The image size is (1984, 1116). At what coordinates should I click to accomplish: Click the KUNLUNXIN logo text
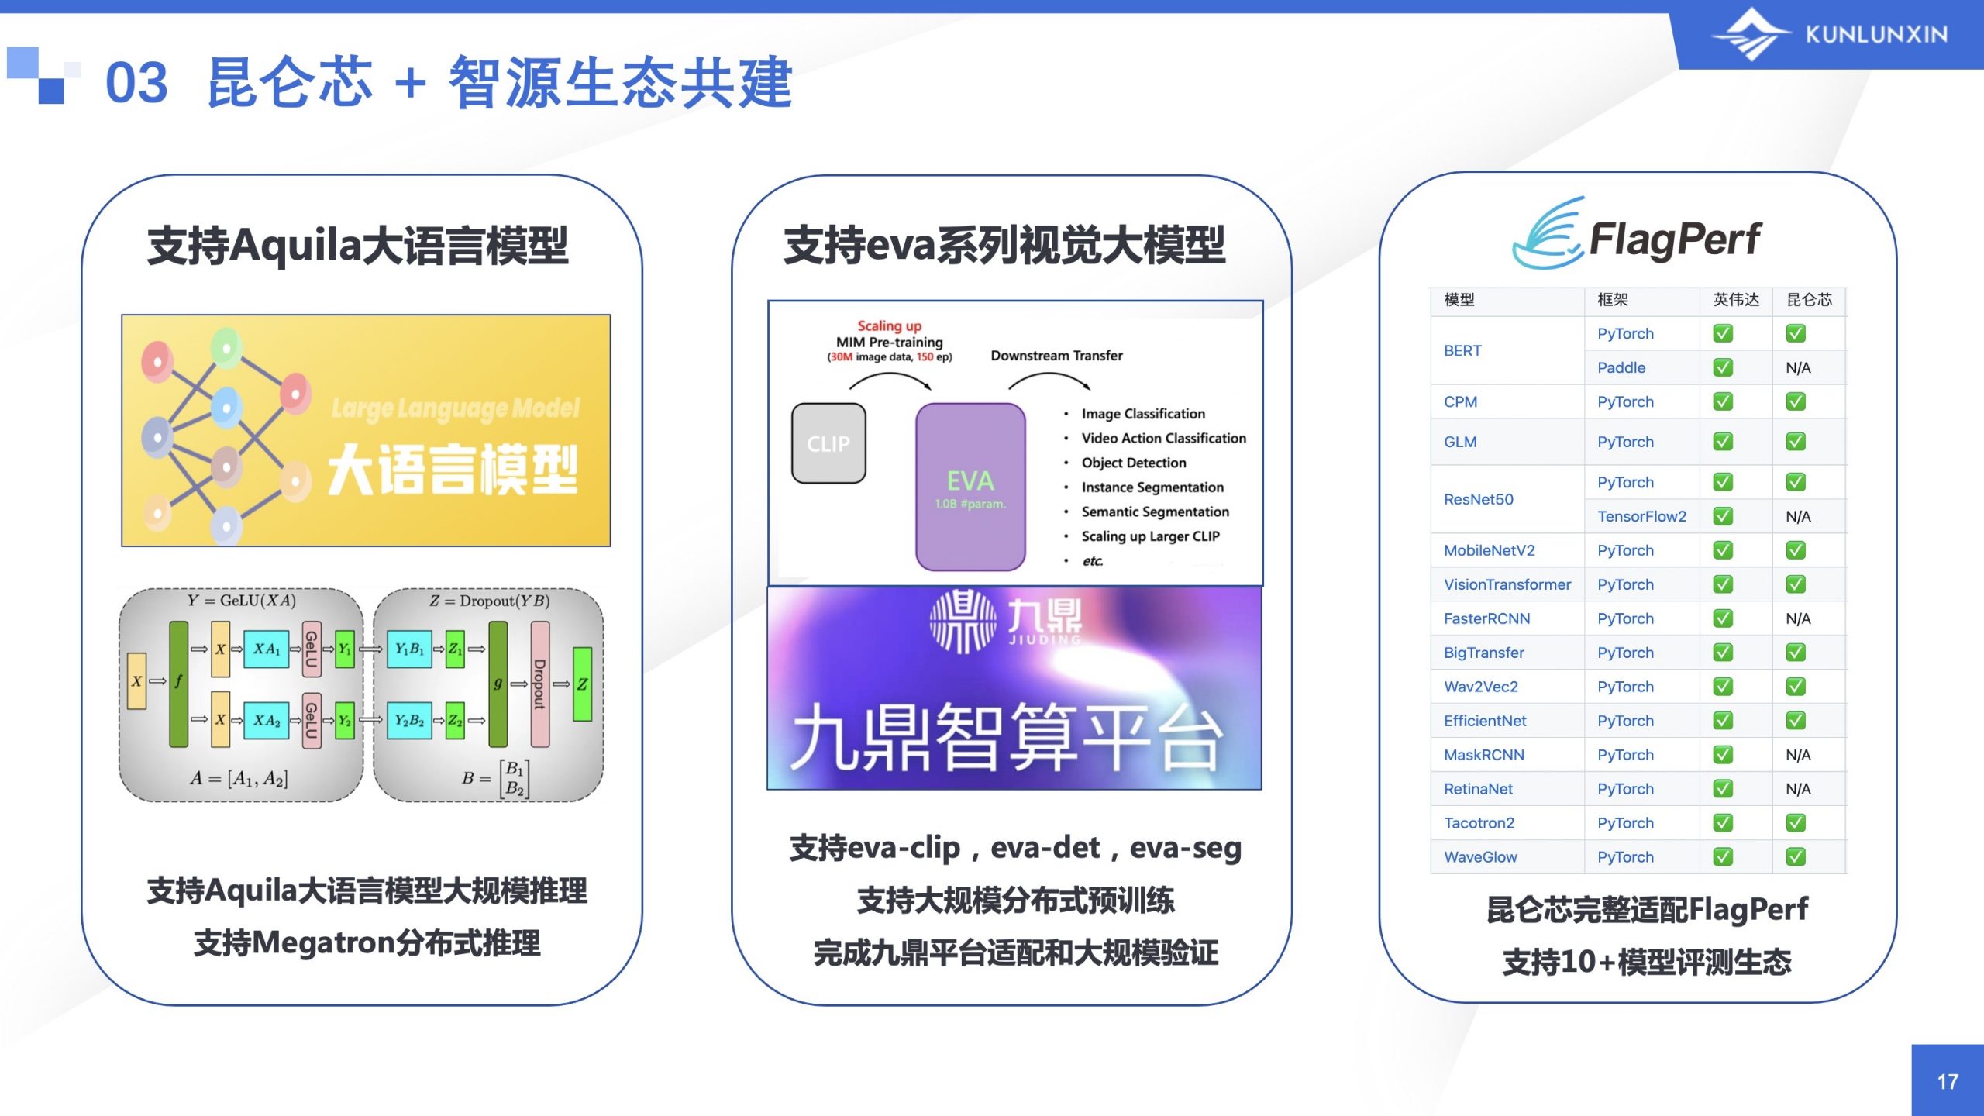tap(1876, 34)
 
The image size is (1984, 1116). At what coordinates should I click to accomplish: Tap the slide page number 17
tap(1948, 1082)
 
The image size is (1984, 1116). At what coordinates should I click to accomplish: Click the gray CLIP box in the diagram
tap(828, 443)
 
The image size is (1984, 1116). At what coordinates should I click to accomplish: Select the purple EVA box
tap(970, 487)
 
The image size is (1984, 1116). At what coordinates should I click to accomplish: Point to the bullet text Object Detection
tap(1134, 463)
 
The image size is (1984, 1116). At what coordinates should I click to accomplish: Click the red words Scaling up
tap(889, 325)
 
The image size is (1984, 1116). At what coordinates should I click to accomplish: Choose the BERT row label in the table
tap(1462, 350)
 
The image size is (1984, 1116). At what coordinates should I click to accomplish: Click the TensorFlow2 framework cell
tap(1641, 516)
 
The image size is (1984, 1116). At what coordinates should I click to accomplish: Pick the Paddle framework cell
tap(1621, 367)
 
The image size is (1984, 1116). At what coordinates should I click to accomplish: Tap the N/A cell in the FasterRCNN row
tap(1798, 618)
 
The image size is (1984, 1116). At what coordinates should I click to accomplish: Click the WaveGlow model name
tap(1480, 857)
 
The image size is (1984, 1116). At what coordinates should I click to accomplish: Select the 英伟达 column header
tap(1736, 300)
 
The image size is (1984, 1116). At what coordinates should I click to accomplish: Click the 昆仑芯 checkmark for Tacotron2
tap(1796, 822)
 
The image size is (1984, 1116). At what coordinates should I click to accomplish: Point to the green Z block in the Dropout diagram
tap(582, 684)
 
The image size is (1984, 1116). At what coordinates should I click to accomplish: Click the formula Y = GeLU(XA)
tap(241, 601)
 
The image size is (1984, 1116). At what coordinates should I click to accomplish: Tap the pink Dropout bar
tap(539, 684)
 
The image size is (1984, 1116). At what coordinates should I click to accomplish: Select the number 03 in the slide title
tap(136, 82)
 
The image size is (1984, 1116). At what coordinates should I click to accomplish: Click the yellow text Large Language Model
tap(455, 408)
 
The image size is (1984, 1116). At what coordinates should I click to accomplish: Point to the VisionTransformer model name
tap(1507, 584)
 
